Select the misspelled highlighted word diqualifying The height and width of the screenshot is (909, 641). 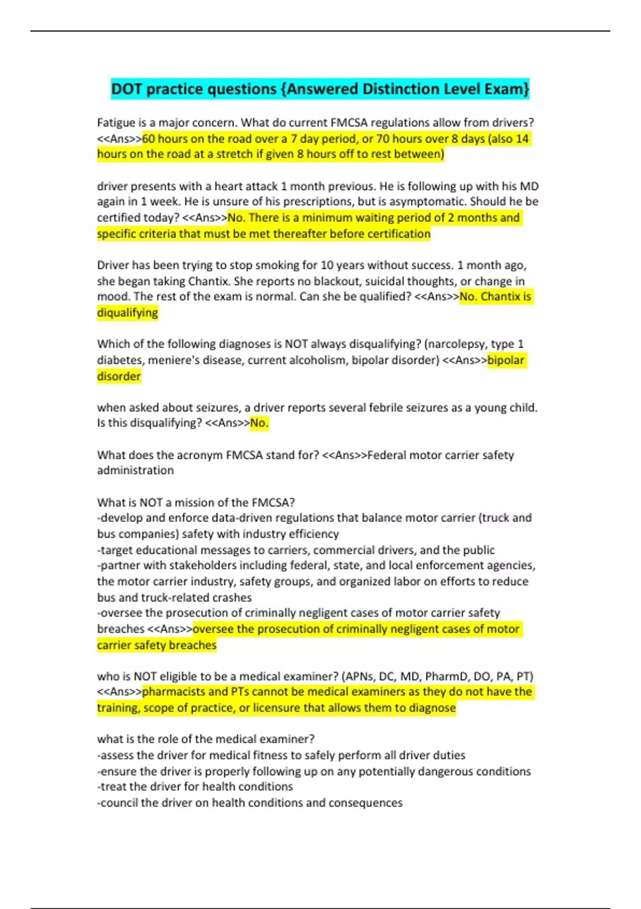(128, 313)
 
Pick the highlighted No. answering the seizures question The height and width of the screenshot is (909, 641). (259, 423)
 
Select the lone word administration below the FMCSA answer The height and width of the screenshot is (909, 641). (135, 471)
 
